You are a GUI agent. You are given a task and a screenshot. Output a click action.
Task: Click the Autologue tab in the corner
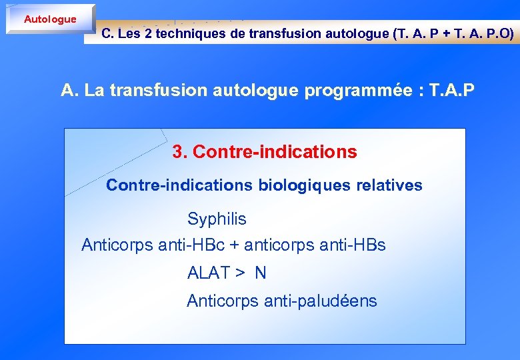point(50,19)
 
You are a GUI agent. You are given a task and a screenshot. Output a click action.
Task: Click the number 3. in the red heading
point(179,152)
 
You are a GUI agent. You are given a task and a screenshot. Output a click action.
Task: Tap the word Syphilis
point(217,219)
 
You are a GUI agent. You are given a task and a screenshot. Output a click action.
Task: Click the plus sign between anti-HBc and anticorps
point(234,245)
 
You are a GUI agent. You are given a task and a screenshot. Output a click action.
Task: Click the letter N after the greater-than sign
point(260,273)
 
